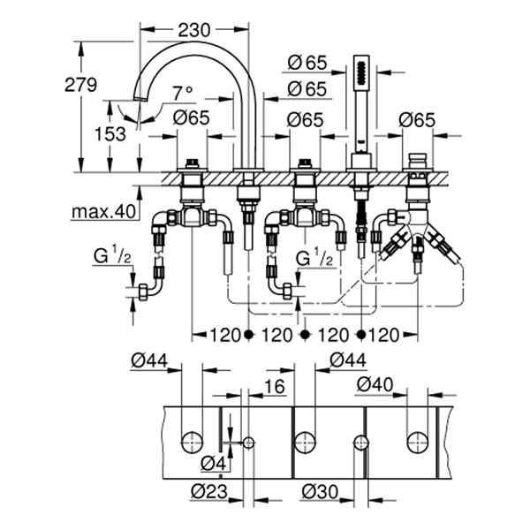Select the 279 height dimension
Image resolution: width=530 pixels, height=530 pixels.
80,85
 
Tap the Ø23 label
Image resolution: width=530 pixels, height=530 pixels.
208,491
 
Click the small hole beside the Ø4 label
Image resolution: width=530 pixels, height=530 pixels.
248,441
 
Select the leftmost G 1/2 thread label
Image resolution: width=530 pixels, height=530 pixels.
113,258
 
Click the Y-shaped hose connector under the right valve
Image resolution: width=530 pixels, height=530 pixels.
417,236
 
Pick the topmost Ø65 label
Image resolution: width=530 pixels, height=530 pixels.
307,62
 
